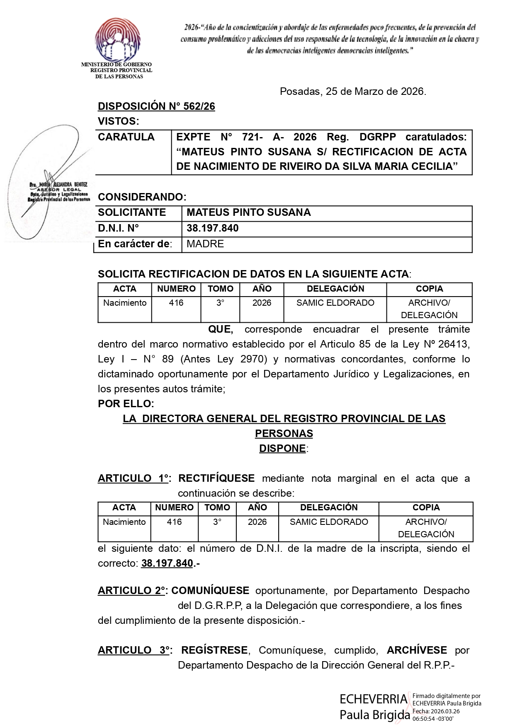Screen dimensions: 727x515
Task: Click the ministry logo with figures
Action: coord(117,40)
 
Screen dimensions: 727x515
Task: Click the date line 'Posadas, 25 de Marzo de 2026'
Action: coord(352,92)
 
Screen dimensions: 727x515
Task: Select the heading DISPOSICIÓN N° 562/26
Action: coord(156,106)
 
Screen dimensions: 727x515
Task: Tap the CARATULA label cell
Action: coord(126,137)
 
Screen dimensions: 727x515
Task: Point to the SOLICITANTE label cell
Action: coord(132,213)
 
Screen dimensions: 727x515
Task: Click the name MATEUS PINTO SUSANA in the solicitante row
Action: coord(248,213)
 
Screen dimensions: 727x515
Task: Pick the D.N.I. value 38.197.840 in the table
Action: coord(212,228)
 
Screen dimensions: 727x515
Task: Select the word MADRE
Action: coord(205,244)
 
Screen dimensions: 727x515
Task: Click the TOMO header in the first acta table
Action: coord(220,289)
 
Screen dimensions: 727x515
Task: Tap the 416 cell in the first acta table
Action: coord(176,303)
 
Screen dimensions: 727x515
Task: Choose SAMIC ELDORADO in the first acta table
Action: coord(335,303)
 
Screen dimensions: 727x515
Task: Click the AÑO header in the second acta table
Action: coord(257,507)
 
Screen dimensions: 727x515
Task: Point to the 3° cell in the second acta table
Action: coord(217,522)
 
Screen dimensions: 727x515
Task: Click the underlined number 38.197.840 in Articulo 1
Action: coord(167,563)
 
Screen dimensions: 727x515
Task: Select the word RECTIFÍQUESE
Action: coord(216,478)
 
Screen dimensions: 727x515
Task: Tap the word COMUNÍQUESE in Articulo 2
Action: coord(210,591)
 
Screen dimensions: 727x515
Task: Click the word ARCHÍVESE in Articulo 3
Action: coord(417,650)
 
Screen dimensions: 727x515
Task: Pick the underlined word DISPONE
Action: coord(282,449)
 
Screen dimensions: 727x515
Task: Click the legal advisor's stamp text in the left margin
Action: coord(59,191)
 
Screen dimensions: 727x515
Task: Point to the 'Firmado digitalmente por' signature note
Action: coord(446,696)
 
